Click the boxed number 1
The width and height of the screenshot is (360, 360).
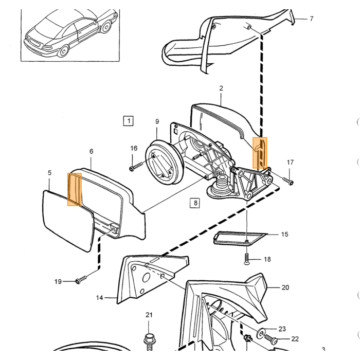point(129,121)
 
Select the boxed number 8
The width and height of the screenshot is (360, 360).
point(195,203)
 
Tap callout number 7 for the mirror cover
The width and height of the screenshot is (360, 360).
point(311,19)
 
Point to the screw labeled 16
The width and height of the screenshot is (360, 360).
point(137,167)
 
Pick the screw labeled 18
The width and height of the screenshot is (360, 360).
point(246,259)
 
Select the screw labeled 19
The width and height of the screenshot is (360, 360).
point(81,279)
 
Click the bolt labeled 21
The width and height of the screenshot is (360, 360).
point(149,343)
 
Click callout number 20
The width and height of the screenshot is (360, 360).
point(285,287)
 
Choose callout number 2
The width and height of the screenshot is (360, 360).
point(221,88)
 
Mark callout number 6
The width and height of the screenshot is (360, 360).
point(92,151)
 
